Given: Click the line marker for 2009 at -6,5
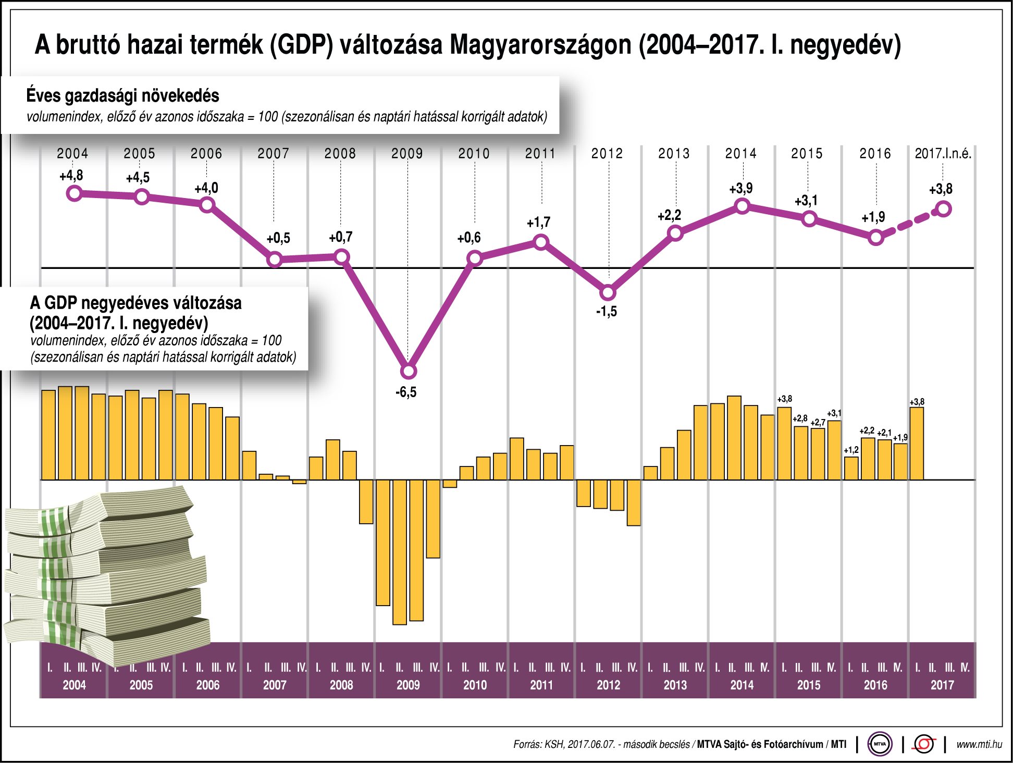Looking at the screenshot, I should coord(409,371).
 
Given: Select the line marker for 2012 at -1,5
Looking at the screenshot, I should coord(608,292).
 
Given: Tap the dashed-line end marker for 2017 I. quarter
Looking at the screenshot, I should coord(944,210).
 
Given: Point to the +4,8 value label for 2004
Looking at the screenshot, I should coord(71,176).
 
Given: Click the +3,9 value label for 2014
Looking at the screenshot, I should coord(740,189).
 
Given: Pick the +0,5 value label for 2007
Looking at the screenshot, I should coord(278,239).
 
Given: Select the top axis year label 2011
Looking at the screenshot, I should coord(540,154).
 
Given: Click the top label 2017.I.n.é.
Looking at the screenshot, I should coord(943,154).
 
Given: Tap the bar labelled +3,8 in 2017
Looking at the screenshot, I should coord(917,443).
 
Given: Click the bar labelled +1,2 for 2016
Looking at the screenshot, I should coord(851,468).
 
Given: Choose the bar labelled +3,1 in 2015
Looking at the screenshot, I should coord(834,450).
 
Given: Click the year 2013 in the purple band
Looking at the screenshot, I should coord(675,685).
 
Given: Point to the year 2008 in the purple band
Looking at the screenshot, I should coord(341,685).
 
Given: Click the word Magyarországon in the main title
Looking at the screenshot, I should coord(540,45).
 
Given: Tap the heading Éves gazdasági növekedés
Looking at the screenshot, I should coord(122,96).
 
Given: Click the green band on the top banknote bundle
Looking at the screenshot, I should coord(55,521).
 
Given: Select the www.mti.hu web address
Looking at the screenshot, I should coord(979,744).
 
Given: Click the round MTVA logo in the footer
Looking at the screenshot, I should coord(880,744).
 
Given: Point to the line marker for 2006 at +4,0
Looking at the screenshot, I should coord(207,205).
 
